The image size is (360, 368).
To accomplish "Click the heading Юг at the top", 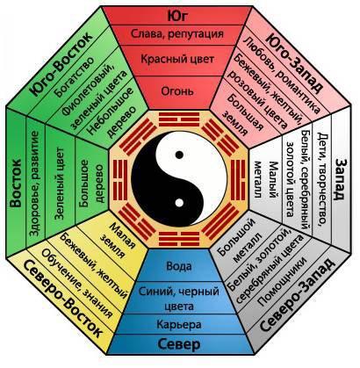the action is [x=177, y=16].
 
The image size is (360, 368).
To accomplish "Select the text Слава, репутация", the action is [x=177, y=33].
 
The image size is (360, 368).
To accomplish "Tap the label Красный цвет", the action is [x=177, y=59].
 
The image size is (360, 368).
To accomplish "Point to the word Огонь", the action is [x=177, y=91].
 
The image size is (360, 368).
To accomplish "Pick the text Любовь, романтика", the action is [x=282, y=74].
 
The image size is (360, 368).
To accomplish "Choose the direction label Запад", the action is [x=340, y=179].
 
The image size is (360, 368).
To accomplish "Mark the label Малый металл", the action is [x=266, y=179].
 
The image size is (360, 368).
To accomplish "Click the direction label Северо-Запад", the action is [x=297, y=295].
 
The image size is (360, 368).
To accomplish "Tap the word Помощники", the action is [x=282, y=282].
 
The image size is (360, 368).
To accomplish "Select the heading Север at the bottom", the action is [x=179, y=344].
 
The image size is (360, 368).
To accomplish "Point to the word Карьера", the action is [x=179, y=324].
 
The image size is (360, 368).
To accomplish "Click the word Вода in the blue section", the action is [x=179, y=266].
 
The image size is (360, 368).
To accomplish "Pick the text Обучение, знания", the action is [x=77, y=284].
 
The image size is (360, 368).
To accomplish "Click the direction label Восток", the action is [x=16, y=183].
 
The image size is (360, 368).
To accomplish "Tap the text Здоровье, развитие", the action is [x=34, y=184].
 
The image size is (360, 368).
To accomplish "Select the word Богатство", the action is [x=76, y=76].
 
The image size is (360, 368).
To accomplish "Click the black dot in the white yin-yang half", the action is [x=179, y=155].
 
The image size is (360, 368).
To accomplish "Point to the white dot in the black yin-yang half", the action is [x=179, y=202].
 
